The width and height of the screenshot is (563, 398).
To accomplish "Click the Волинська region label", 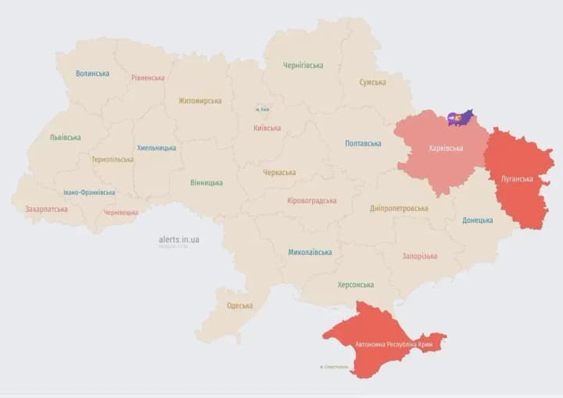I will [92, 74].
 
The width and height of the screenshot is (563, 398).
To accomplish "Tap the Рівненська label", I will [148, 77].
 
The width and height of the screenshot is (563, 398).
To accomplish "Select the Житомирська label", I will [199, 101].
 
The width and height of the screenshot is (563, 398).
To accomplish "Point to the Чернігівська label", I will [303, 65].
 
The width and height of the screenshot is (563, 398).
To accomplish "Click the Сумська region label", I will [372, 82].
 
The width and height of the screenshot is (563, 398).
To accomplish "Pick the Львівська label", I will [65, 138].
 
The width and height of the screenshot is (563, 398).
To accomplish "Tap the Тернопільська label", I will [112, 160].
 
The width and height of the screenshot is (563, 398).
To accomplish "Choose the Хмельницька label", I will [156, 148].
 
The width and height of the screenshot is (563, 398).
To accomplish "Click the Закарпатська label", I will [46, 209].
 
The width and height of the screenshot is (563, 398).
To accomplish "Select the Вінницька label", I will [206, 183].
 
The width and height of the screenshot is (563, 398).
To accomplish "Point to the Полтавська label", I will [363, 143].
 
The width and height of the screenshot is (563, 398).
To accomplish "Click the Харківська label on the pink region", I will [445, 148].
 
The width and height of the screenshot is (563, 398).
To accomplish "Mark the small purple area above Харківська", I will [460, 118].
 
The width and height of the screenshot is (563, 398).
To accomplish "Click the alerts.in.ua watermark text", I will [178, 239].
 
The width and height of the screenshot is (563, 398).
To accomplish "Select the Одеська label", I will [239, 306].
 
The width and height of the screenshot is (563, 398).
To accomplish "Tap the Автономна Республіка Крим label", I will [385, 344].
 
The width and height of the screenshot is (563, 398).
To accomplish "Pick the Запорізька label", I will [419, 256].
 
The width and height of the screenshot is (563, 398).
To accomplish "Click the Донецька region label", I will [477, 221].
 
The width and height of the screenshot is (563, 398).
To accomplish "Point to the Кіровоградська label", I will [312, 201].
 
